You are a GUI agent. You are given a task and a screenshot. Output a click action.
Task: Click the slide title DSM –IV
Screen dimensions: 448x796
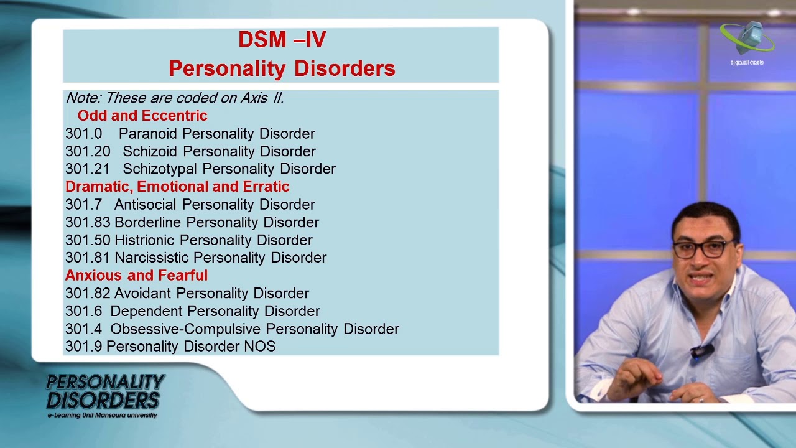pyautogui.click(x=282, y=40)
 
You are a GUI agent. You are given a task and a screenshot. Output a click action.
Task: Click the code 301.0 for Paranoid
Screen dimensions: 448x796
pyautogui.click(x=83, y=134)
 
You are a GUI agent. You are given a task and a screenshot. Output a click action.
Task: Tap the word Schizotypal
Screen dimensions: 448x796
pyautogui.click(x=160, y=169)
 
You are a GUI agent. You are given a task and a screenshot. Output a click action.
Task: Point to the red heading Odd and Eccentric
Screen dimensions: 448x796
pyautogui.click(x=142, y=116)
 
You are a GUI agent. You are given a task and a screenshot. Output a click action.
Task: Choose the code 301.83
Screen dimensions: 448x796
pyautogui.click(x=88, y=222)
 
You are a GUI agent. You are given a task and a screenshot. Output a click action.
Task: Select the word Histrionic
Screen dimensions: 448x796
pyautogui.click(x=145, y=240)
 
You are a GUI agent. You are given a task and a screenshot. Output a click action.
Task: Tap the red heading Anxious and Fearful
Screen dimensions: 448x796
pyautogui.click(x=136, y=276)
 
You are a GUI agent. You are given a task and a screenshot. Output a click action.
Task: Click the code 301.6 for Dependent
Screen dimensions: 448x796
pyautogui.click(x=83, y=311)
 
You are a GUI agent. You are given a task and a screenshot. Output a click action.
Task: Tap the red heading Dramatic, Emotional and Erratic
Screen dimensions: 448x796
pyautogui.click(x=177, y=187)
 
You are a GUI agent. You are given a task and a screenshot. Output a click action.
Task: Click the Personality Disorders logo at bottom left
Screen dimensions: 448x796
pyautogui.click(x=104, y=394)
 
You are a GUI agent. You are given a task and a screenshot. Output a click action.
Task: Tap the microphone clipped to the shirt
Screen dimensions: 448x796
pyautogui.click(x=701, y=352)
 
